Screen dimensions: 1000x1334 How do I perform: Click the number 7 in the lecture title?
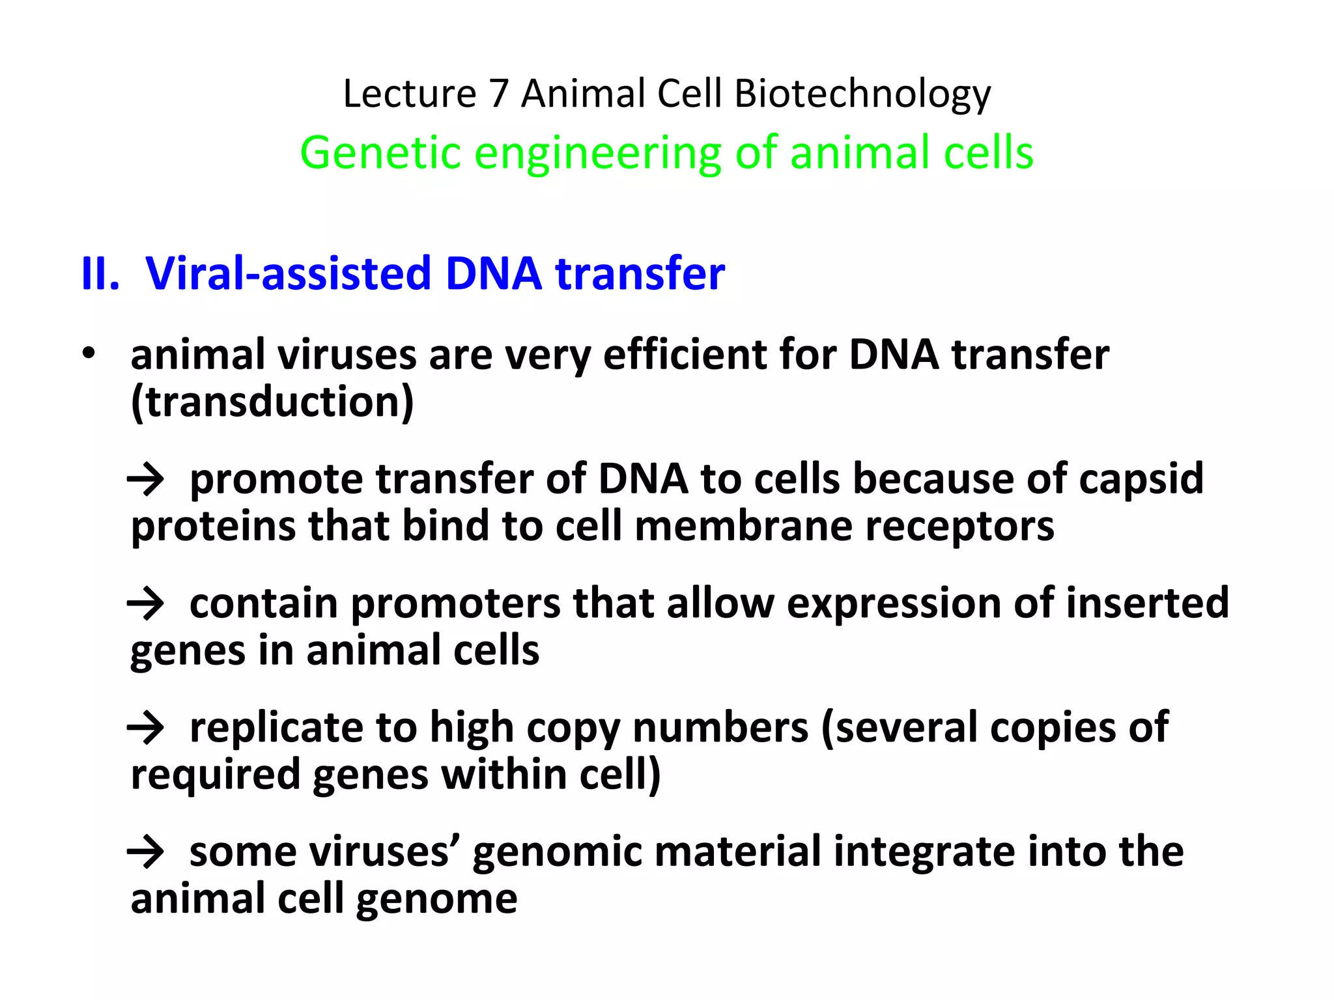tap(498, 93)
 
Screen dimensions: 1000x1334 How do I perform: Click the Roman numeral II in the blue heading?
tap(100, 273)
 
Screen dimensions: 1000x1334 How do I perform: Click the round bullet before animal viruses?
tap(89, 354)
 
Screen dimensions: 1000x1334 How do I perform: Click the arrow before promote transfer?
tap(145, 480)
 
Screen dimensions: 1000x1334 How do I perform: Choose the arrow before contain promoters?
tap(145, 604)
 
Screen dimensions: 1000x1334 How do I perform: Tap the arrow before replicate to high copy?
tap(145, 728)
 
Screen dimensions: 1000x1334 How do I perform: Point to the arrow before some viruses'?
tap(145, 852)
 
